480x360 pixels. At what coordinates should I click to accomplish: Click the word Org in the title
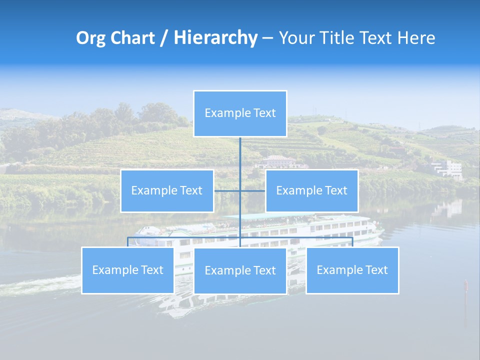90,38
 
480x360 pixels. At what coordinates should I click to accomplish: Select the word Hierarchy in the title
215,38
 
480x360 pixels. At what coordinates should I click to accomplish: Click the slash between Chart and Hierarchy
164,38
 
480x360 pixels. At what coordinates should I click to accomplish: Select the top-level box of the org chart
240,113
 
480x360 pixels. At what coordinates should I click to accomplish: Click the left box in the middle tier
167,191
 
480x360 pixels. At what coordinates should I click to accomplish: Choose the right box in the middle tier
311,191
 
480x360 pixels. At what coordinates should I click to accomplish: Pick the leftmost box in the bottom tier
127,270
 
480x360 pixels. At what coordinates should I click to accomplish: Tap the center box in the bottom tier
240,270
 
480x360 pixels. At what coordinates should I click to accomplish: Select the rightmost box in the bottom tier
352,270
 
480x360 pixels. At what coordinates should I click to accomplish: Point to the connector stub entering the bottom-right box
352,242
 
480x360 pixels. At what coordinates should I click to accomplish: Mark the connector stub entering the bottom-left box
128,242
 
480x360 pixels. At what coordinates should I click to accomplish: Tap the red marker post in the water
466,286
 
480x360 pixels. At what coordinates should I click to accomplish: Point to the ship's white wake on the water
40,286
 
